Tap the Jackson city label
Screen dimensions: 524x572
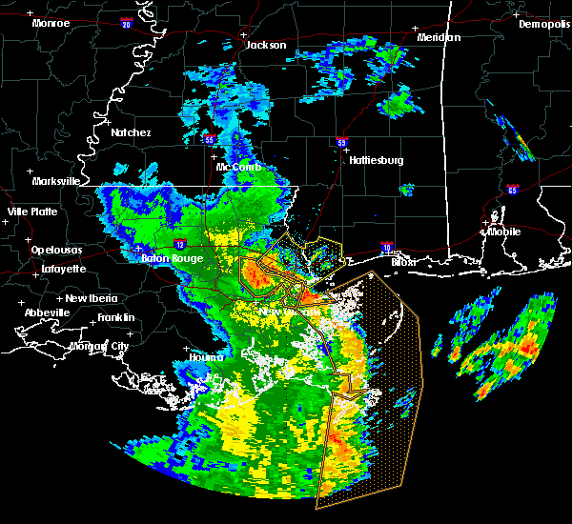(x=266, y=45)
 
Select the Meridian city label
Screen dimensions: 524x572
(x=439, y=37)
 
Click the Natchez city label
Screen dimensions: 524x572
(x=130, y=132)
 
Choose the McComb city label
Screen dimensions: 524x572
(x=237, y=166)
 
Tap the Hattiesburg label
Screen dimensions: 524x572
(x=376, y=160)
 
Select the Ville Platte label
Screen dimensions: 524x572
(x=31, y=212)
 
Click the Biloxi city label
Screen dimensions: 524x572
(x=404, y=260)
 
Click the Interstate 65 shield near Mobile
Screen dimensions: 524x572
(x=513, y=190)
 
